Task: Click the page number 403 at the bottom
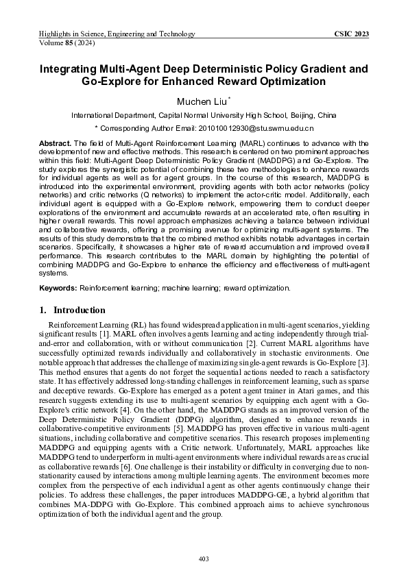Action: tap(204, 558)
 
